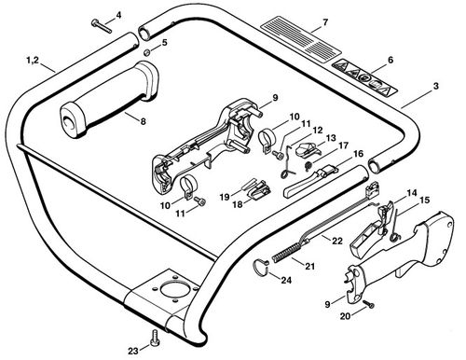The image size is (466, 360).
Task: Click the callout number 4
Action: (118, 15)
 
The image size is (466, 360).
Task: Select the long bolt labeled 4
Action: (102, 26)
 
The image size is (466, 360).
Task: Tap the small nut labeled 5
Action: (147, 52)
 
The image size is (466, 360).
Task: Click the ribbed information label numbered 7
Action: (301, 38)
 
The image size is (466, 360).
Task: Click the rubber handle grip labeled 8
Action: (110, 100)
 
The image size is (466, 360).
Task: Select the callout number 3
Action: (436, 86)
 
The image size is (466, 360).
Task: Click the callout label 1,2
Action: (33, 60)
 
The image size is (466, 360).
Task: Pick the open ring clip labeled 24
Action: (260, 268)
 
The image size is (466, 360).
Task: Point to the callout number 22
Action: (336, 241)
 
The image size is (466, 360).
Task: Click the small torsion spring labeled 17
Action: (308, 165)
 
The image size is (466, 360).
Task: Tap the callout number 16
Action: (358, 154)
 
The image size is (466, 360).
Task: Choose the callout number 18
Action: (238, 204)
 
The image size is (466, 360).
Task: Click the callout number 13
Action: (331, 137)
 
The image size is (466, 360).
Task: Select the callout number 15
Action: (424, 200)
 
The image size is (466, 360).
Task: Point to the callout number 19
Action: (225, 197)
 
